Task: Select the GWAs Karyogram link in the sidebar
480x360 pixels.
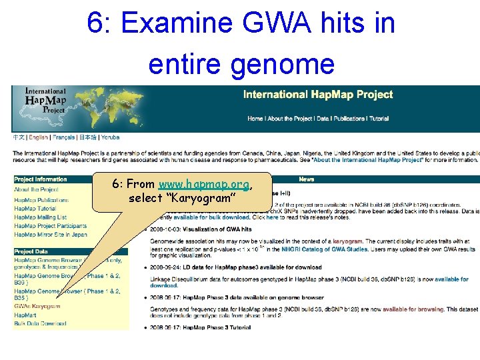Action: pyautogui.click(x=37, y=307)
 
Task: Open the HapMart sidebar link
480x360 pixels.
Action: pyautogui.click(x=26, y=315)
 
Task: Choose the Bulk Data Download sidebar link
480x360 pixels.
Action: pyautogui.click(x=40, y=324)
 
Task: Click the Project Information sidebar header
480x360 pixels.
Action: pyautogui.click(x=41, y=179)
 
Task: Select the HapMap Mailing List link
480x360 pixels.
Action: pyautogui.click(x=40, y=217)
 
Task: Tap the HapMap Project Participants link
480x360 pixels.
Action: pyautogui.click(x=50, y=226)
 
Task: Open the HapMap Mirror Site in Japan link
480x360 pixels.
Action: pyautogui.click(x=50, y=235)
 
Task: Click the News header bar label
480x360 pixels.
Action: pyautogui.click(x=307, y=179)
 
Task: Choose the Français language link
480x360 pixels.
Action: pyautogui.click(x=64, y=137)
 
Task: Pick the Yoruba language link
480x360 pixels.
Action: pyautogui.click(x=110, y=137)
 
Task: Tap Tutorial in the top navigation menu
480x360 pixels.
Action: pyautogui.click(x=379, y=119)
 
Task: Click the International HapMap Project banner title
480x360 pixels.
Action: pyautogui.click(x=318, y=95)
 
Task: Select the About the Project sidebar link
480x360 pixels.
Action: pyautogui.click(x=36, y=190)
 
